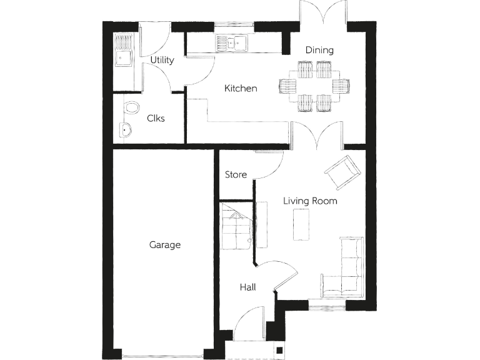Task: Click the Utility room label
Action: tap(162, 60)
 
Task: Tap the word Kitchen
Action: tap(241, 88)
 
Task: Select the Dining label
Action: tap(319, 50)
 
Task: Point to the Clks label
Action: tap(156, 117)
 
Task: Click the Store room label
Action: tap(236, 174)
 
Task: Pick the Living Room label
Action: tap(310, 201)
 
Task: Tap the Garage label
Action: tap(164, 244)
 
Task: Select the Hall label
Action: tap(247, 287)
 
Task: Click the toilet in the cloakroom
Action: tap(131, 108)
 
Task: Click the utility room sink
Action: tap(123, 58)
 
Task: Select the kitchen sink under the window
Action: tap(232, 42)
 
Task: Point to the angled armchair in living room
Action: tap(342, 171)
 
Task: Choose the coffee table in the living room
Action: tap(301, 225)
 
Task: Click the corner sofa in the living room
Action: tap(347, 269)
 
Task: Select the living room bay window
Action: tap(326, 305)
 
